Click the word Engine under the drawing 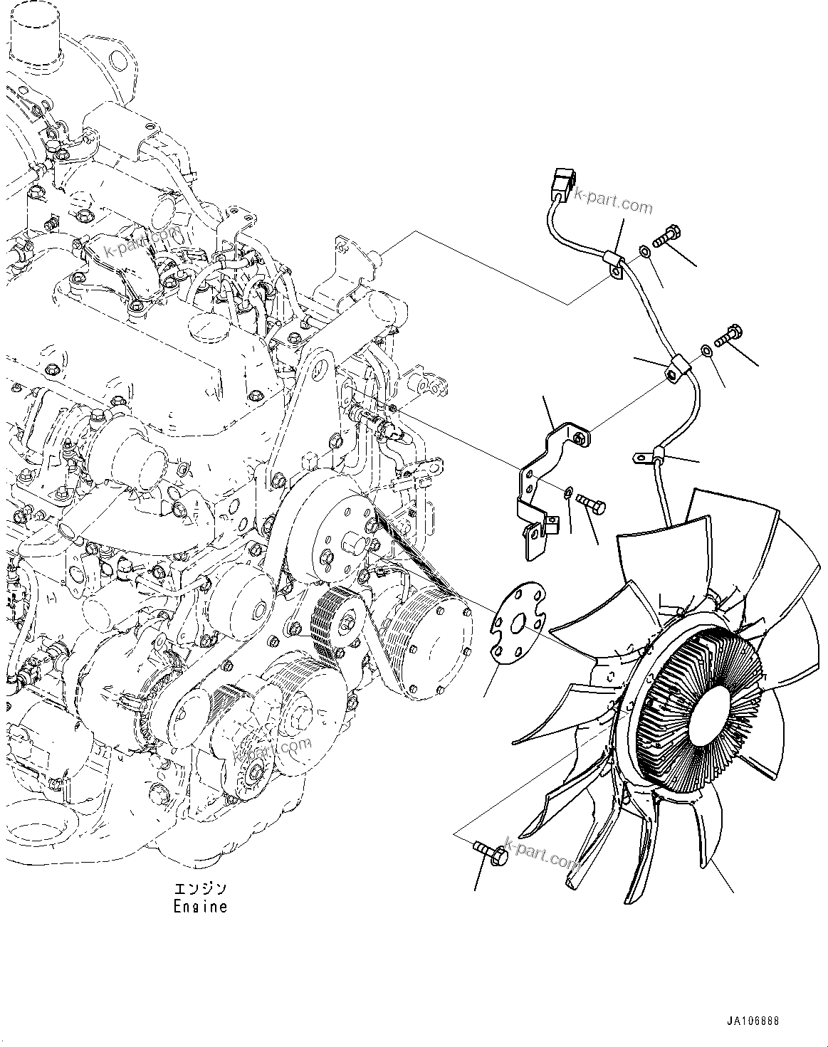tap(201, 907)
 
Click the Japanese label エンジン tap(201, 889)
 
